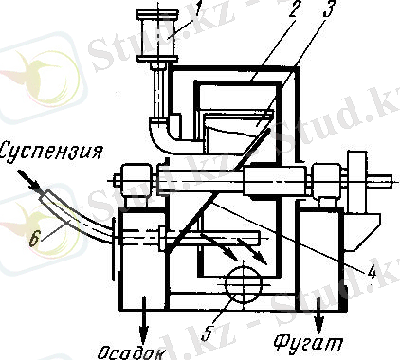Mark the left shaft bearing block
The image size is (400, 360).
pos(130,177)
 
